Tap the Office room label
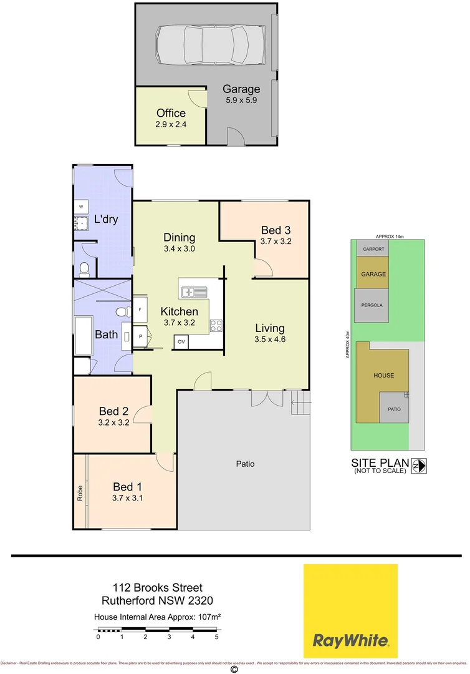(x=171, y=113)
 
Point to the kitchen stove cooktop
(x=216, y=325)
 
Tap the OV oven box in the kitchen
(x=181, y=342)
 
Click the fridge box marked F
(x=140, y=310)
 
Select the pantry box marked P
(x=140, y=336)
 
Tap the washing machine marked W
(x=81, y=207)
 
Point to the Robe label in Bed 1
(x=80, y=494)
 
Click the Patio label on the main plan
(x=245, y=464)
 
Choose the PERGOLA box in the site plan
(x=372, y=305)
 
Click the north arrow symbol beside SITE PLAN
(x=418, y=465)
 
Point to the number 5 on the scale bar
(x=216, y=637)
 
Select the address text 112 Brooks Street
(x=158, y=587)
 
